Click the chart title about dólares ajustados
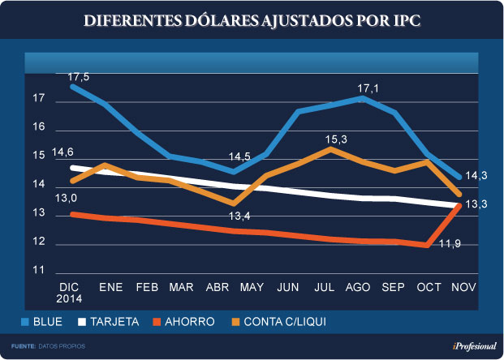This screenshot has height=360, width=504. (x=252, y=21)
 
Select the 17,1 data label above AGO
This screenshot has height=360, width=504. (x=369, y=87)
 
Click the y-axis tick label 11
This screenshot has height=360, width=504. (x=37, y=271)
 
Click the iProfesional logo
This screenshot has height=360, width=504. (x=475, y=346)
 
